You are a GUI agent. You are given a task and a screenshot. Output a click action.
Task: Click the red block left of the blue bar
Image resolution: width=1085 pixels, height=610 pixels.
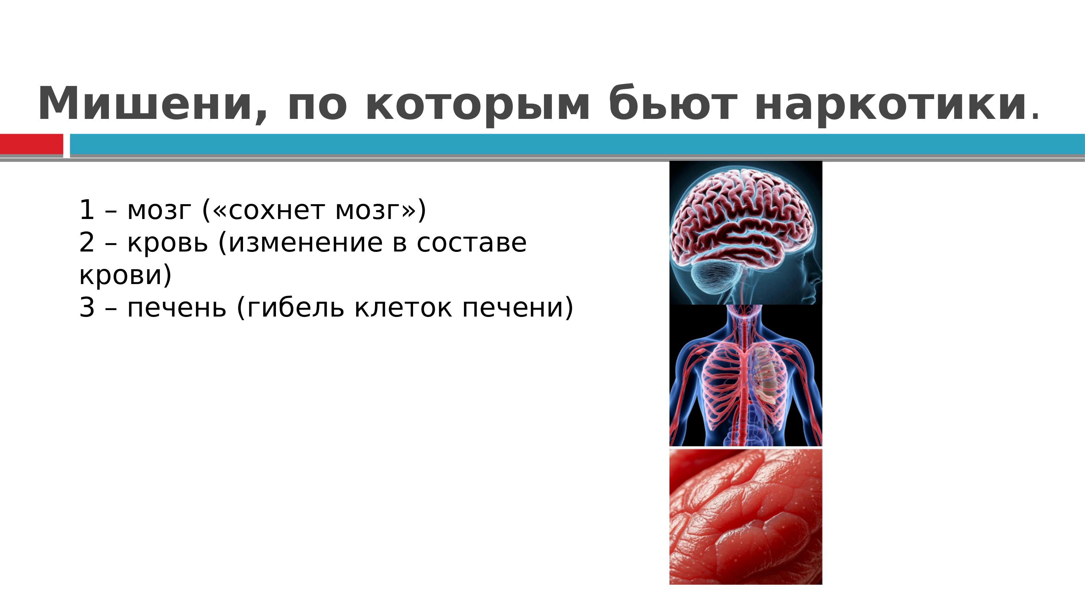(x=31, y=145)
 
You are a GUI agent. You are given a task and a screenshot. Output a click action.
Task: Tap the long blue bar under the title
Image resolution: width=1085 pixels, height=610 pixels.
(x=577, y=145)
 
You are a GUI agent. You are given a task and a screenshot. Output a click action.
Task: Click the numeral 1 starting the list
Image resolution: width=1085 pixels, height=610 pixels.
(x=86, y=210)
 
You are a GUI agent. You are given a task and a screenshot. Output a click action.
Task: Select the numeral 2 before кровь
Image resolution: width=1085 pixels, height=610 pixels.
(x=86, y=242)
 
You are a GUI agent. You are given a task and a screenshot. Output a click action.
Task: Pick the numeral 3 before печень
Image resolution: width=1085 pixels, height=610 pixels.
(x=86, y=308)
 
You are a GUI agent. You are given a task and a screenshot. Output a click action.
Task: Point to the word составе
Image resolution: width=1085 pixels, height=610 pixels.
(x=472, y=243)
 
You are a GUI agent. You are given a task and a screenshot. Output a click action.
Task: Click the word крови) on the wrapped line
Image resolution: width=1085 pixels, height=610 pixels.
(x=125, y=276)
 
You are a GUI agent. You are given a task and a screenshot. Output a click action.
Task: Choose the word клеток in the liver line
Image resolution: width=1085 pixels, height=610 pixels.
(x=404, y=308)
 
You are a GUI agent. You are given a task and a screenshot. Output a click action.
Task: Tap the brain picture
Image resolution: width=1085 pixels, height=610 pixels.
(x=745, y=233)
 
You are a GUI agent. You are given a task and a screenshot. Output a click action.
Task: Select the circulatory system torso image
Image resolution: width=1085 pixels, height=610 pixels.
(x=745, y=375)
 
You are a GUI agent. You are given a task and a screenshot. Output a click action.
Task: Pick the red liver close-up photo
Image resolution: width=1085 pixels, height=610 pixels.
(x=745, y=516)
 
